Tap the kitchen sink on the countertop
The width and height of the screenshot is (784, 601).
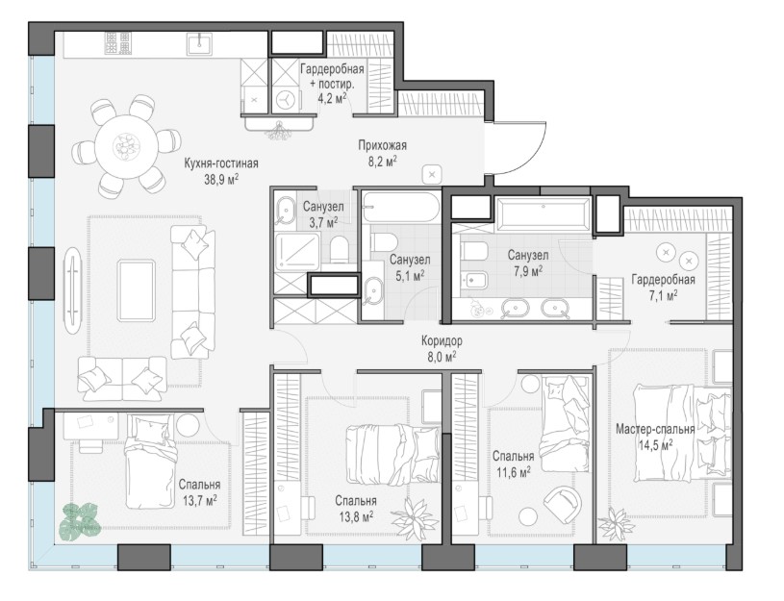click(199, 43)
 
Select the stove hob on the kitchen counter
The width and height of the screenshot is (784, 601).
click(118, 43)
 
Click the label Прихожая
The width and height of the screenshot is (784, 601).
click(382, 145)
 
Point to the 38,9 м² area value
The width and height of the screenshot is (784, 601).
click(221, 180)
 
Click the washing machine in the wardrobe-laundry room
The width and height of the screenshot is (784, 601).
click(286, 98)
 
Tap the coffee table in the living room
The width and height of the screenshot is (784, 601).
click(136, 291)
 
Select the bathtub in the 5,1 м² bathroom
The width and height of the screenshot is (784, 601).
click(401, 207)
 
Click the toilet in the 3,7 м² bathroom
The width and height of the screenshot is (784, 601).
click(340, 249)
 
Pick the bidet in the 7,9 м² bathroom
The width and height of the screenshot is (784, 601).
click(473, 281)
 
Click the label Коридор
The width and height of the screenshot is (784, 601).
click(442, 341)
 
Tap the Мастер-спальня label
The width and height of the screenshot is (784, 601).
click(655, 429)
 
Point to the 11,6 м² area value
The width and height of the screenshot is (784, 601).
click(514, 471)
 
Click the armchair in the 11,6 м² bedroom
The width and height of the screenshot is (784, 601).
click(564, 505)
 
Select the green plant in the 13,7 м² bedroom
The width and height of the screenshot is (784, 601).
click(80, 521)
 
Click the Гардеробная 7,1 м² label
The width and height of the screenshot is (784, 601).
click(663, 287)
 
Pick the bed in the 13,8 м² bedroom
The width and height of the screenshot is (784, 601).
click(392, 454)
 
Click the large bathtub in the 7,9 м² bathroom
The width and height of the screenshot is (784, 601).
click(543, 214)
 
